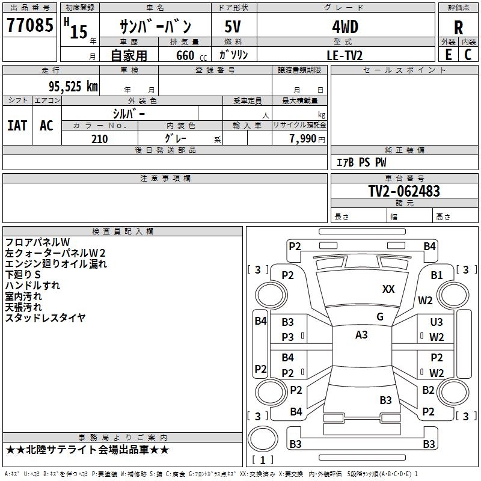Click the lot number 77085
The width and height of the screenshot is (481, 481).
point(29,25)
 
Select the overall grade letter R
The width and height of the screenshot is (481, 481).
point(458,27)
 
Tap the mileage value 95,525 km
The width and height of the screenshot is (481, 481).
point(73,87)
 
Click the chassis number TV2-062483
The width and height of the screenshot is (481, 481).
point(404,191)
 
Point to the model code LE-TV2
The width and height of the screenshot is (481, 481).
point(345,55)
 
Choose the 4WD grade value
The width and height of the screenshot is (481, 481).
point(345,27)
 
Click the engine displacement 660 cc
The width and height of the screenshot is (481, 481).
point(191,55)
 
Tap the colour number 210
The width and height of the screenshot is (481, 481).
point(99,139)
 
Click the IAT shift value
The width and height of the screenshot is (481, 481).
point(17,126)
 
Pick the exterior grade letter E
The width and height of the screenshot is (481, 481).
point(449,55)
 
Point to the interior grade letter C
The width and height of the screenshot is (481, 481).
point(468,55)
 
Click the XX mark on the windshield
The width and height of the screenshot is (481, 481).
point(388,289)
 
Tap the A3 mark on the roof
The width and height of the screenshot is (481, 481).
point(361,335)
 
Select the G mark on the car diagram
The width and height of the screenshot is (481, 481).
point(380,317)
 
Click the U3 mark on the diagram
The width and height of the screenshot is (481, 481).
point(437,322)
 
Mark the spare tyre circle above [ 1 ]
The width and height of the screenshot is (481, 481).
point(263,439)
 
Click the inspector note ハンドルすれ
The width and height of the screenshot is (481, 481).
point(32,286)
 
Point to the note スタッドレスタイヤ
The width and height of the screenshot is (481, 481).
point(45,318)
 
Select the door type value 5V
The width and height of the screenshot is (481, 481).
point(233,26)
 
